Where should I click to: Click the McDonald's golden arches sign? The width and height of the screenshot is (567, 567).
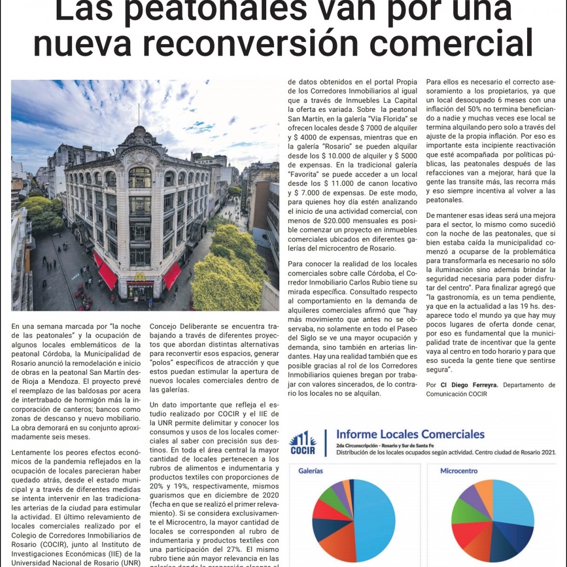pos(140,277)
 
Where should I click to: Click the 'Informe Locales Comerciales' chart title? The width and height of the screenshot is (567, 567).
pos(410,434)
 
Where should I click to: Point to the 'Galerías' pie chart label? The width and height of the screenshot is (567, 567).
pos(311,471)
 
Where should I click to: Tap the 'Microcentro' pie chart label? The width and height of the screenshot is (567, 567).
pos(459,471)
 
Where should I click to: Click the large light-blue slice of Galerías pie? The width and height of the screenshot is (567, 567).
pos(375,525)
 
